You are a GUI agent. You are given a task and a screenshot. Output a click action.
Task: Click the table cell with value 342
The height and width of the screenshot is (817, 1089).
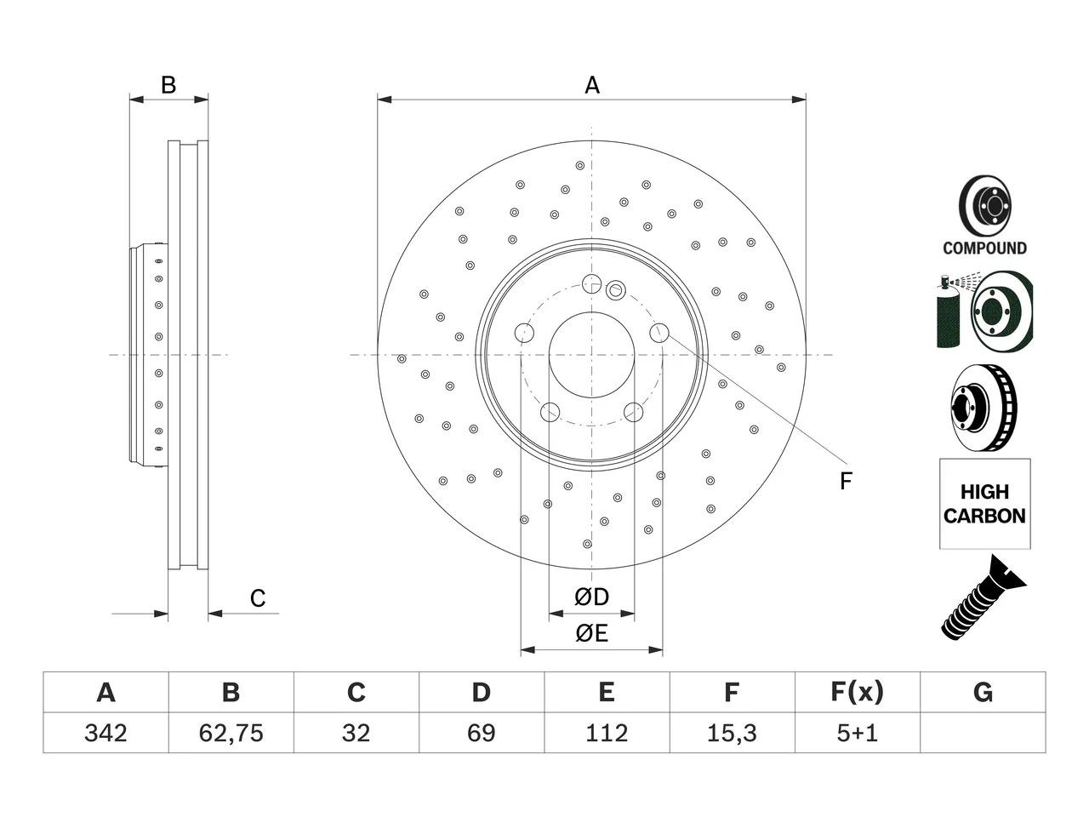click(105, 733)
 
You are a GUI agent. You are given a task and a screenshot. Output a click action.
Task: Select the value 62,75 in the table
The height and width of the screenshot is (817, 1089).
click(231, 733)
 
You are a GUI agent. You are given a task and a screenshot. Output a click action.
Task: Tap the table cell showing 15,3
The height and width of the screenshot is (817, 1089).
click(732, 733)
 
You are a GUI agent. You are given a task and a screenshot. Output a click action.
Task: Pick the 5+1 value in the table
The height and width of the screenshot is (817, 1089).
click(858, 733)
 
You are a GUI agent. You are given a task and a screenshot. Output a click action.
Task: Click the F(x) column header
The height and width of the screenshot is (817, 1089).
click(858, 692)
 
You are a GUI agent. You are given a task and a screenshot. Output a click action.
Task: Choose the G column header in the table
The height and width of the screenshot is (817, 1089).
click(983, 692)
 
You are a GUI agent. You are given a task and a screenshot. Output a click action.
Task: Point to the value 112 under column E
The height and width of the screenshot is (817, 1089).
click(607, 733)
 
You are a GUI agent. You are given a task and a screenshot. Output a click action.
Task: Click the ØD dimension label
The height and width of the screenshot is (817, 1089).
click(591, 597)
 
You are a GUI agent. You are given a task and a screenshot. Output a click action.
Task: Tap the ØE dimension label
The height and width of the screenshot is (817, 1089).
click(591, 633)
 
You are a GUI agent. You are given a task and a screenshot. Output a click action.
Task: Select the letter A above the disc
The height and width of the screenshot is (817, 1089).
click(592, 85)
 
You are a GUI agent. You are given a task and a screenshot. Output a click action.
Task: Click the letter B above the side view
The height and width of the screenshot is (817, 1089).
click(168, 85)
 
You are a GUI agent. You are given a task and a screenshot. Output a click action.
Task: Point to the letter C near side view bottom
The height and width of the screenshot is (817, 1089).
click(258, 598)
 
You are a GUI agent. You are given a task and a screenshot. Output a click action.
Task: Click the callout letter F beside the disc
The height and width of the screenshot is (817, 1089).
click(846, 481)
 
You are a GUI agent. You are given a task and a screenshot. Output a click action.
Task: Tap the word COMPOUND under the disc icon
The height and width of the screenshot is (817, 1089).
click(984, 248)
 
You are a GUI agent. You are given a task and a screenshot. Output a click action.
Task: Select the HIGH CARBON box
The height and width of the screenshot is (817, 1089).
click(985, 504)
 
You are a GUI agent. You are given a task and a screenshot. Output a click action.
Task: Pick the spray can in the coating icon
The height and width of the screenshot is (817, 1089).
click(948, 312)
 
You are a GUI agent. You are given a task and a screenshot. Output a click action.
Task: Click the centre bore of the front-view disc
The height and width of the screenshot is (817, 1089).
click(591, 355)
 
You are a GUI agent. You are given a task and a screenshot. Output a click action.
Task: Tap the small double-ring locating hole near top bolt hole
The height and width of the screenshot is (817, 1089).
click(616, 290)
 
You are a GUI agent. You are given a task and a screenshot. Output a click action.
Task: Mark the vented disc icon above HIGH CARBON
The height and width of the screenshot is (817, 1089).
click(984, 408)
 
